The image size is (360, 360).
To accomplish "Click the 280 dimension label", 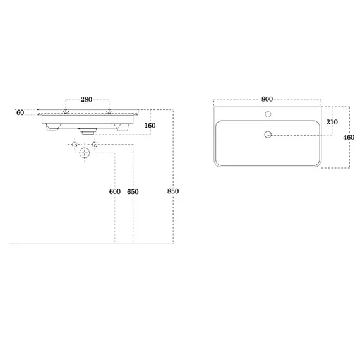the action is pos(87,99).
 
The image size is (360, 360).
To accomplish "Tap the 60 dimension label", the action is pos(20,112).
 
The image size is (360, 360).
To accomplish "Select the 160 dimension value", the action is pos(150,125).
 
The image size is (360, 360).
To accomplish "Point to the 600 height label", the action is pos(115,191).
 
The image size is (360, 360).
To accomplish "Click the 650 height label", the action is pos(133,191).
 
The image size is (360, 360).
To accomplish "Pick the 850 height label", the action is pos(173,191).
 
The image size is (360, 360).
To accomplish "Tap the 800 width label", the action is pos(267,99).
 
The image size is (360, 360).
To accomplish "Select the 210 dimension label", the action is pos(332,122).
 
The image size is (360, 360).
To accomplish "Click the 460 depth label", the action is pos(349,137).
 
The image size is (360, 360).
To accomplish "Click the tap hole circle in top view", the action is pos(268,114).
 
